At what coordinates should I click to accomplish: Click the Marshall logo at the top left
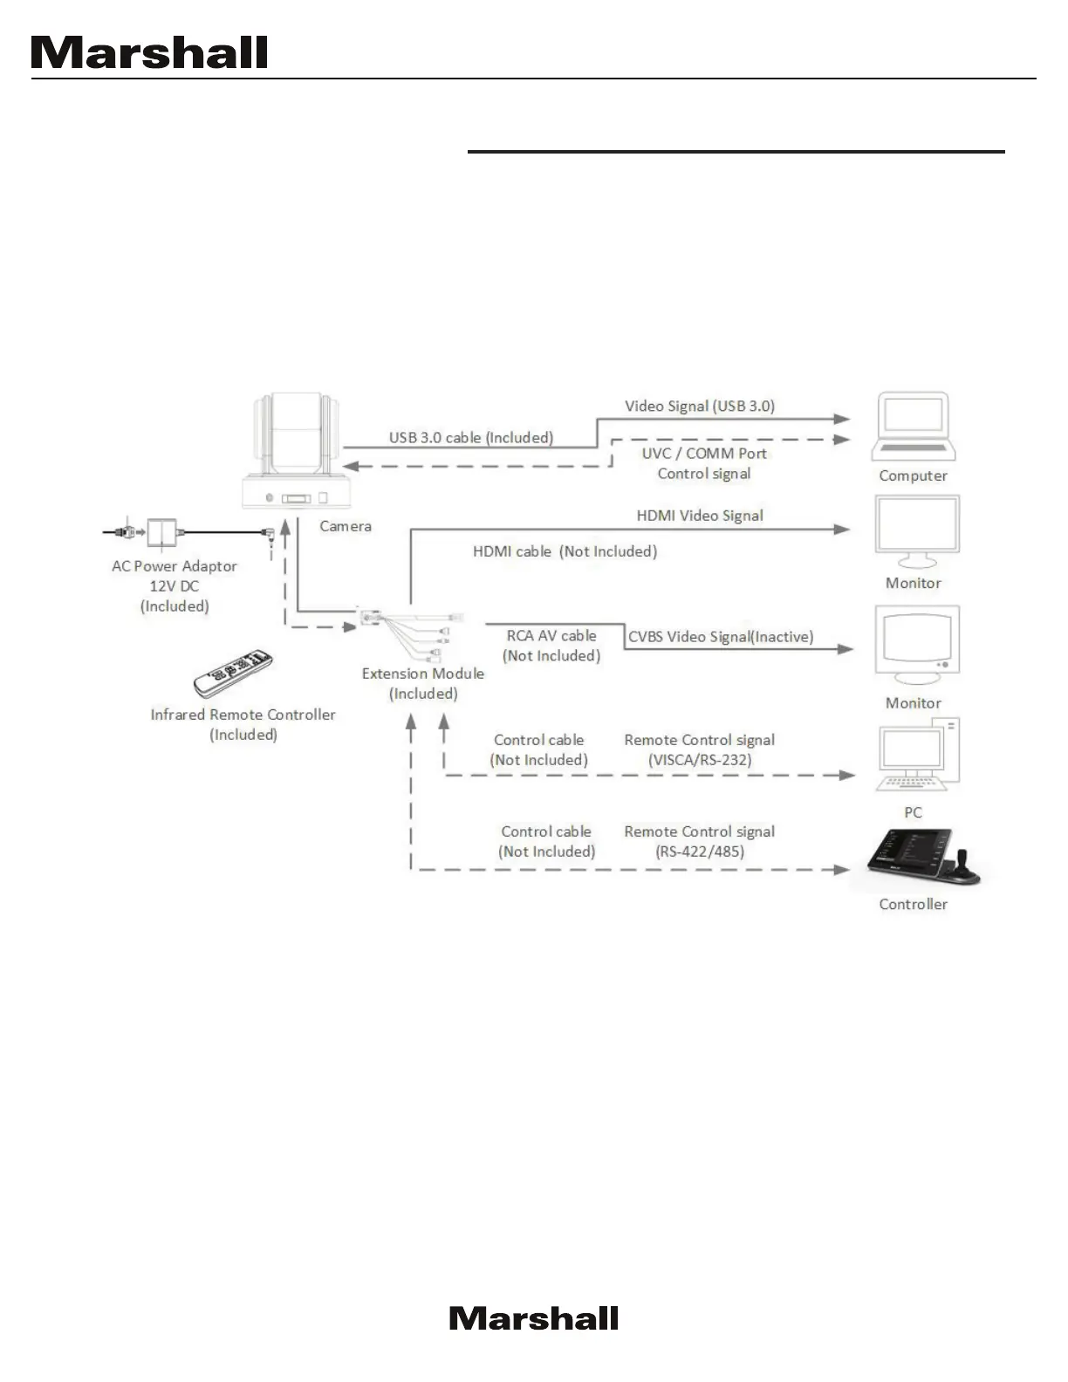coord(149,53)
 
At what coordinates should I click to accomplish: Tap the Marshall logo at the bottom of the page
coord(534,1318)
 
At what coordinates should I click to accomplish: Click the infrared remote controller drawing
coord(233,673)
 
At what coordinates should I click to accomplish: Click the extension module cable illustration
coord(410,628)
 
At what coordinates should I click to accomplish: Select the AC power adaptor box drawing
coord(161,530)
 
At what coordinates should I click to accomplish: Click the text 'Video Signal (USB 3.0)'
coord(700,406)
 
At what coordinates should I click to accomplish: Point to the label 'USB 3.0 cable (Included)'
coord(471,437)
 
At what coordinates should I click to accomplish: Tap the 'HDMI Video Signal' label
coord(700,516)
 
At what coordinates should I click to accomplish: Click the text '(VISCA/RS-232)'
coord(700,760)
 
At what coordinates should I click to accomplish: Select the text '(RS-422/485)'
coord(700,852)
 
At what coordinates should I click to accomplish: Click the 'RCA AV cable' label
coord(551,636)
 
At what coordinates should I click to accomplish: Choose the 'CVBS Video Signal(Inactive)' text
coord(721,637)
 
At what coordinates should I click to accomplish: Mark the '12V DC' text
coord(175,586)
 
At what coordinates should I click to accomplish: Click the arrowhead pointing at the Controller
coord(841,869)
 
